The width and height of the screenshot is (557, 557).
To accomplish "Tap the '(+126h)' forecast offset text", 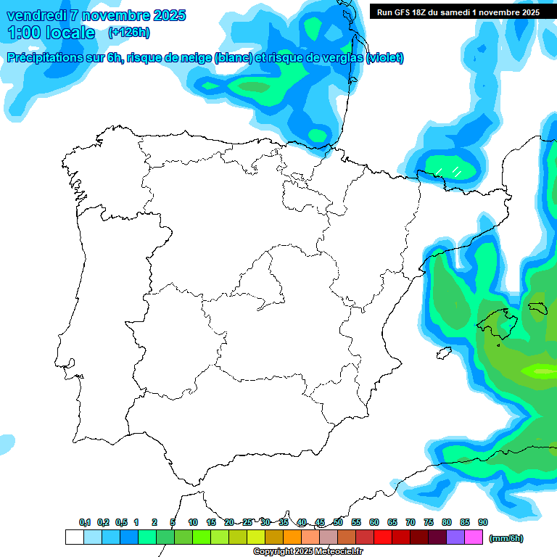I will [x=128, y=32].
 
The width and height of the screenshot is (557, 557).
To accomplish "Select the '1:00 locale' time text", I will [x=51, y=33].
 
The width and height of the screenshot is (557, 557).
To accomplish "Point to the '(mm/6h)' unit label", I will [x=506, y=538].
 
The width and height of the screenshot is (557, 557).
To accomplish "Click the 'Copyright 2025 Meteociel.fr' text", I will [x=308, y=552].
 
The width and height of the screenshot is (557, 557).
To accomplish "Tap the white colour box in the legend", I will [x=74, y=537].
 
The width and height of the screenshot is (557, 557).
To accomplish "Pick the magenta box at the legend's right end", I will [x=474, y=537].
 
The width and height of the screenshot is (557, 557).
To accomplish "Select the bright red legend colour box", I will [x=383, y=537].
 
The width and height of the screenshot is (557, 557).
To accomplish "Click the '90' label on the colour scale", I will [x=483, y=522].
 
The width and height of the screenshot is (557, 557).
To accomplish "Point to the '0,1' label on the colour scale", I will [x=85, y=522].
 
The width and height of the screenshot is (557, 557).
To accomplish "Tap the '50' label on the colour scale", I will [x=338, y=522].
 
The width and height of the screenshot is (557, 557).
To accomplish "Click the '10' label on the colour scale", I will [x=193, y=522].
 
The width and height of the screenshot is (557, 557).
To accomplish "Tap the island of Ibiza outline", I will [x=444, y=352].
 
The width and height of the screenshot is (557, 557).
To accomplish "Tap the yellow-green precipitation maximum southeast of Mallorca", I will [x=542, y=371].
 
